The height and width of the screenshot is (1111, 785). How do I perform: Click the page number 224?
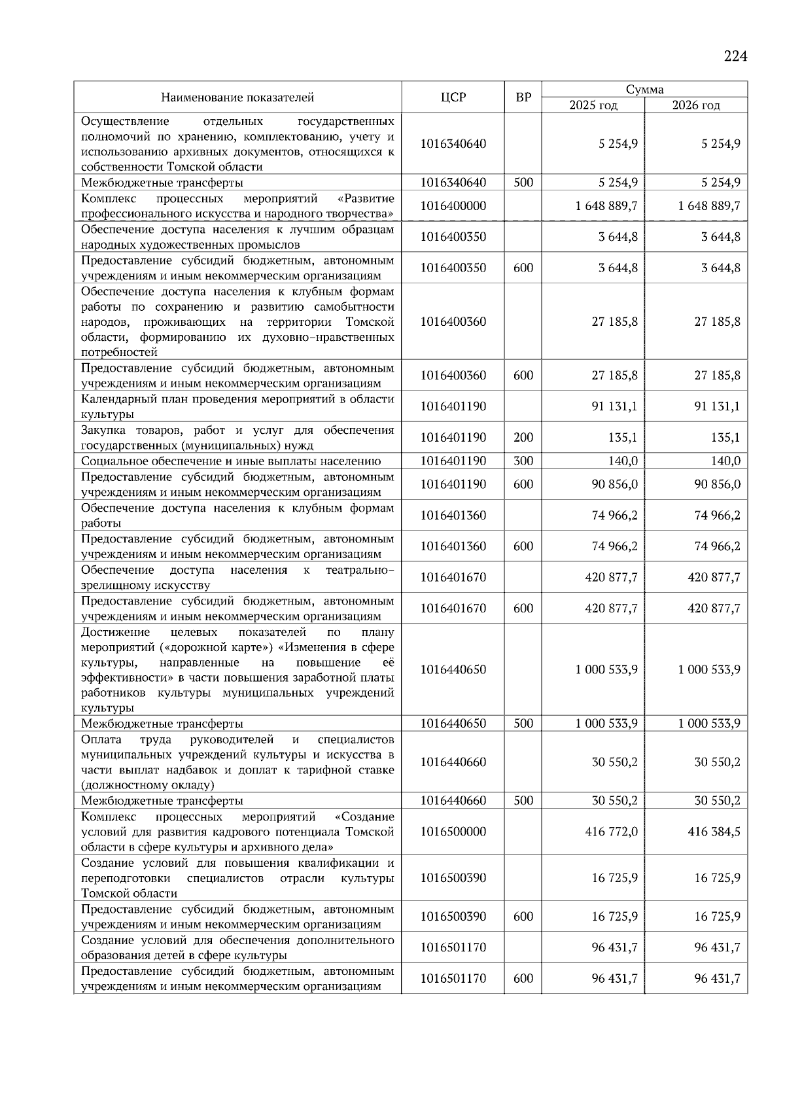(735, 57)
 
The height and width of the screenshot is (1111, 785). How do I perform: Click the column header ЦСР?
(453, 97)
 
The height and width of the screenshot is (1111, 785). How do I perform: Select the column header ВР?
(523, 97)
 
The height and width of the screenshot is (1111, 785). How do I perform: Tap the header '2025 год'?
(593, 105)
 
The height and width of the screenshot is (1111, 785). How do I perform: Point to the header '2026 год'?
(695, 105)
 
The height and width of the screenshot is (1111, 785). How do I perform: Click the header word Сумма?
(644, 90)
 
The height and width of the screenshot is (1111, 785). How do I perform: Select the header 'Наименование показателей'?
(237, 97)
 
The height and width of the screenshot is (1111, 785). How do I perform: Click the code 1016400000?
(453, 206)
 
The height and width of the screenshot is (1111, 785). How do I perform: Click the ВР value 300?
(523, 461)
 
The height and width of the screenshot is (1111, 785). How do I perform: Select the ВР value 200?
(523, 438)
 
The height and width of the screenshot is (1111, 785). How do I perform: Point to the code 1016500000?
(453, 832)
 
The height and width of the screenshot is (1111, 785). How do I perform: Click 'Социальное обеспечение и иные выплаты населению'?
(231, 461)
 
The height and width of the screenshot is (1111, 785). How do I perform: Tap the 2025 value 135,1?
(623, 438)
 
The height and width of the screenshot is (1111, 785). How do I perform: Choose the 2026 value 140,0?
(725, 461)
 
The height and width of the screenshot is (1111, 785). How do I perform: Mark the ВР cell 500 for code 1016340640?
(523, 183)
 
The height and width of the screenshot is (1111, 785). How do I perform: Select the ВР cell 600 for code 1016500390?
(523, 917)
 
